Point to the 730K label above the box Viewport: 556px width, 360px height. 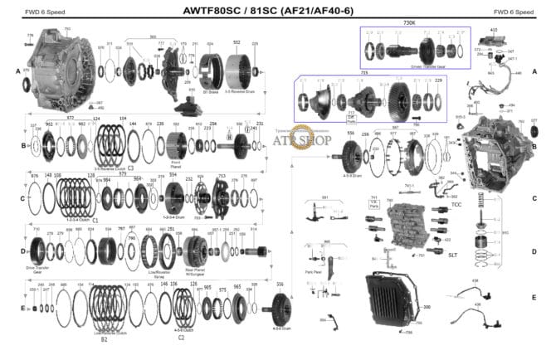409,22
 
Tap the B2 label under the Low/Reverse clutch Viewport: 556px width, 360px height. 104,339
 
